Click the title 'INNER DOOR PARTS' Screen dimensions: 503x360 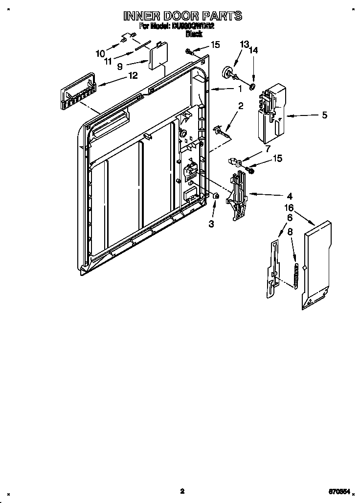tap(182, 16)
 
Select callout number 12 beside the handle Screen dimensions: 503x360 tap(133, 75)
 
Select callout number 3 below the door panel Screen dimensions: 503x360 tap(211, 224)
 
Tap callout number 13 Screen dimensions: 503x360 tap(244, 45)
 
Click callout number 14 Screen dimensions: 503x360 tap(253, 49)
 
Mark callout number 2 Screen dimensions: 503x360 tap(241, 106)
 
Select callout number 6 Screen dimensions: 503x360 tap(290, 217)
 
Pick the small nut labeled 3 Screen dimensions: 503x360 tap(215, 196)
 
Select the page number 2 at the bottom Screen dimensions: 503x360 tap(181, 491)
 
